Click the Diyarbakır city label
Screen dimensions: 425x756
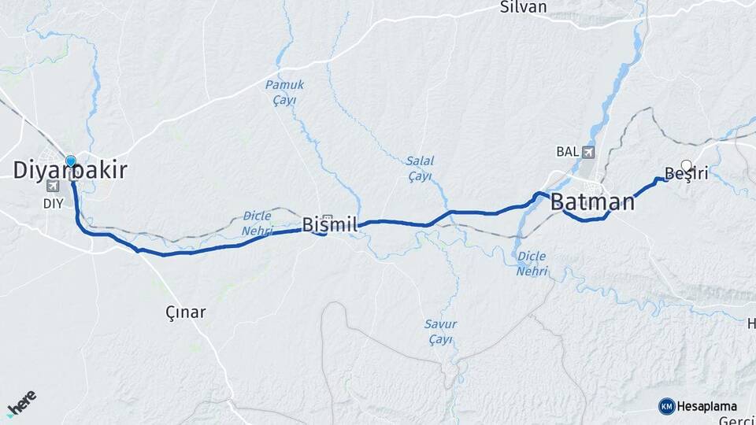click(71, 171)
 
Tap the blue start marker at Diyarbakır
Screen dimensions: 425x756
click(71, 161)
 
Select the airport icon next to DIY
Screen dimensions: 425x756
click(53, 187)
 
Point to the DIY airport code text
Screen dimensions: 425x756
click(52, 201)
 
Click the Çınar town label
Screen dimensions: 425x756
click(186, 312)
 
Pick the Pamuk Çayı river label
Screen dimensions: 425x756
click(284, 91)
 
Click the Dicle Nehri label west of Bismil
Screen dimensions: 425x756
click(258, 223)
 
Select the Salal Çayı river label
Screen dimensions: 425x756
click(420, 168)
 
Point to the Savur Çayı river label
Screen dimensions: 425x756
click(440, 331)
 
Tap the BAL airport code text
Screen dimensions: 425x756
click(567, 151)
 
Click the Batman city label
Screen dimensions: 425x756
click(592, 201)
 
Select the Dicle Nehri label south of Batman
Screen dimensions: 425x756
click(532, 263)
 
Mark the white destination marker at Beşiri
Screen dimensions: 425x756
click(687, 165)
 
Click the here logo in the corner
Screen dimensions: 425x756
click(21, 403)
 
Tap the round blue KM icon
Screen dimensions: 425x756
click(666, 406)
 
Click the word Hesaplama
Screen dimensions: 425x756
click(706, 406)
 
